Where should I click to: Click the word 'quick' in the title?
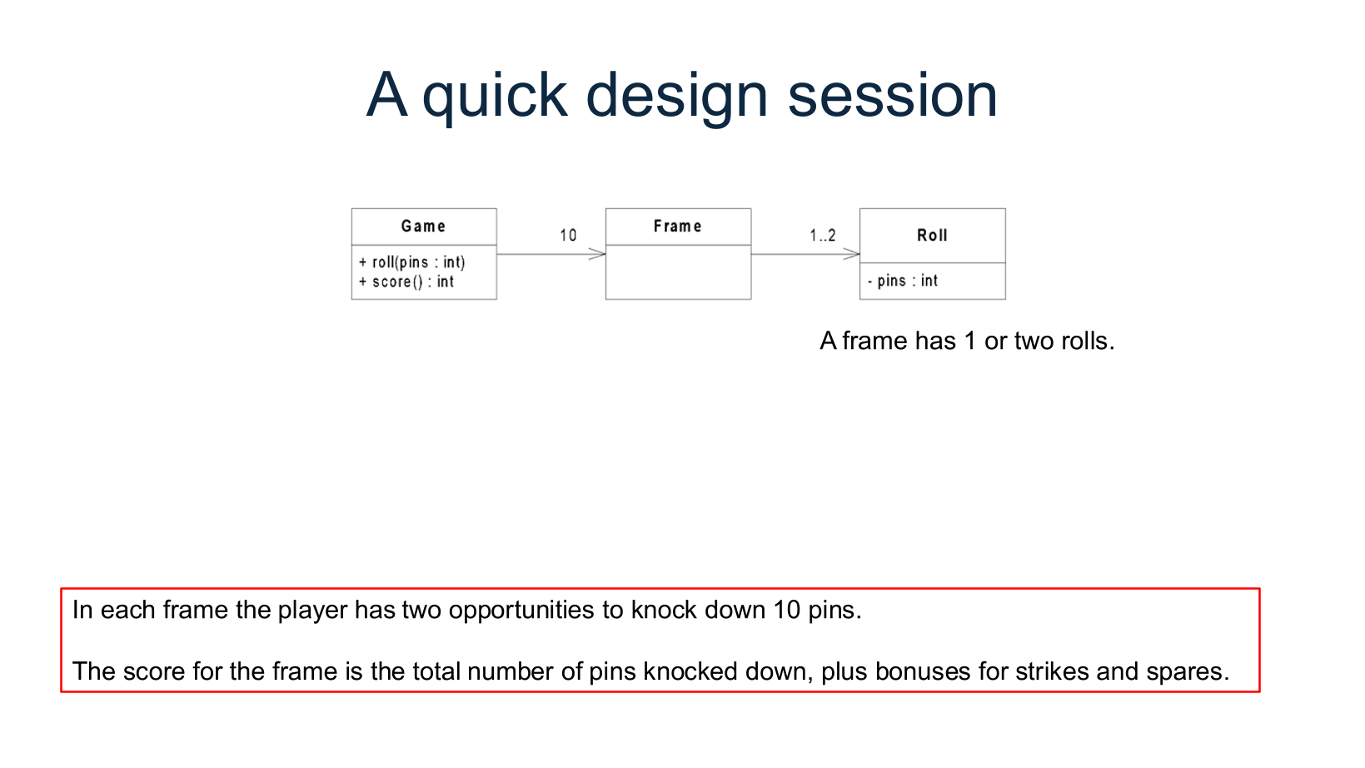[x=494, y=96]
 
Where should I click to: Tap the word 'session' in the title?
[x=892, y=96]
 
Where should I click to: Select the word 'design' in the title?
[x=676, y=96]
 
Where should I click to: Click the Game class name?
[x=423, y=227]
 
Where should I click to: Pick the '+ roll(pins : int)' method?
[x=412, y=262]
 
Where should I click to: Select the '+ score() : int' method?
[x=406, y=282]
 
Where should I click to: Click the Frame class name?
[x=677, y=227]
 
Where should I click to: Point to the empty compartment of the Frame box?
[x=678, y=272]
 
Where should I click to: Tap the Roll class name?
[x=932, y=236]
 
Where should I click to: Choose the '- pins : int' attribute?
[x=902, y=281]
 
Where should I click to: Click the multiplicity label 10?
[x=568, y=236]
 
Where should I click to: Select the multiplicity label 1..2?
[x=822, y=236]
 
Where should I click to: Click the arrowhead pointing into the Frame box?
[x=598, y=254]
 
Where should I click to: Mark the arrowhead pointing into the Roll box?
[x=852, y=254]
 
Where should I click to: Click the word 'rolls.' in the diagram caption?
[x=1088, y=342]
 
